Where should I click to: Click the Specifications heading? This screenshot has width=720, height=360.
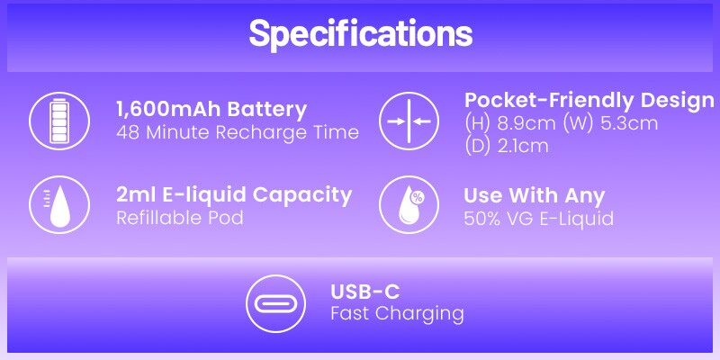click(360, 34)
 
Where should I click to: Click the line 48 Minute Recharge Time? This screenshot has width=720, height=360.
click(238, 132)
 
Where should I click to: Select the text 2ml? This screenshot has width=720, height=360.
click(131, 195)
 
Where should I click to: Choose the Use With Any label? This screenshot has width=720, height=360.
click(534, 195)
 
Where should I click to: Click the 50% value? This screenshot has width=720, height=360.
click(481, 218)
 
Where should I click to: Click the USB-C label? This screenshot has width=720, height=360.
click(364, 292)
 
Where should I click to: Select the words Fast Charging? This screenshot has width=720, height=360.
click(397, 314)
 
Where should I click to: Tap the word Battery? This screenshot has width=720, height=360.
click(265, 110)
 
